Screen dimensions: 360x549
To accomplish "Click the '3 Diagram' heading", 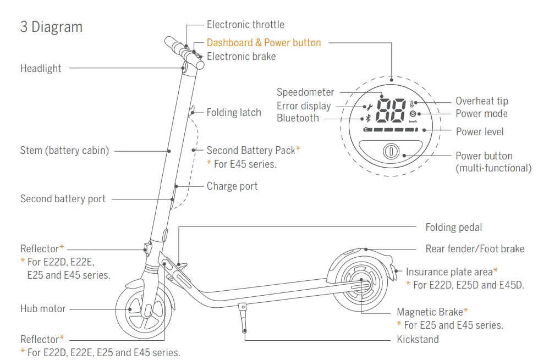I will pyautogui.click(x=51, y=27).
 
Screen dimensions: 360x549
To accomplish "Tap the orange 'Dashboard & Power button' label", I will pyautogui.click(x=263, y=43).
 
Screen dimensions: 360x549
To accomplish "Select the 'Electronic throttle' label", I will pyautogui.click(x=245, y=25).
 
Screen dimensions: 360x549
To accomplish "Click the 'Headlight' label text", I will pyautogui.click(x=41, y=69).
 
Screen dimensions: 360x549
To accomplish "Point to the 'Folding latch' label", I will pyautogui.click(x=234, y=113).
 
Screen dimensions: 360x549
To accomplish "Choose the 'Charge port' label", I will pyautogui.click(x=232, y=186).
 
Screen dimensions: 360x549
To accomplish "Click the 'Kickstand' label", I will pyautogui.click(x=418, y=340).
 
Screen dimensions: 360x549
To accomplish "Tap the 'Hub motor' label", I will pyautogui.click(x=43, y=309).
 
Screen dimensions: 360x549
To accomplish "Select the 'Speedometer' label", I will pyautogui.click(x=305, y=92).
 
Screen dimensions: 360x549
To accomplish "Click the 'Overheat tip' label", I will pyautogui.click(x=482, y=101).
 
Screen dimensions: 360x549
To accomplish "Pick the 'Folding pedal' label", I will pyautogui.click(x=454, y=228).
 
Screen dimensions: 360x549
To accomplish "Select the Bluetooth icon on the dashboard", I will pyautogui.click(x=368, y=118).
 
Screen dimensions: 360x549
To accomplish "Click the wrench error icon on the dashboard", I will pyautogui.click(x=369, y=107).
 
